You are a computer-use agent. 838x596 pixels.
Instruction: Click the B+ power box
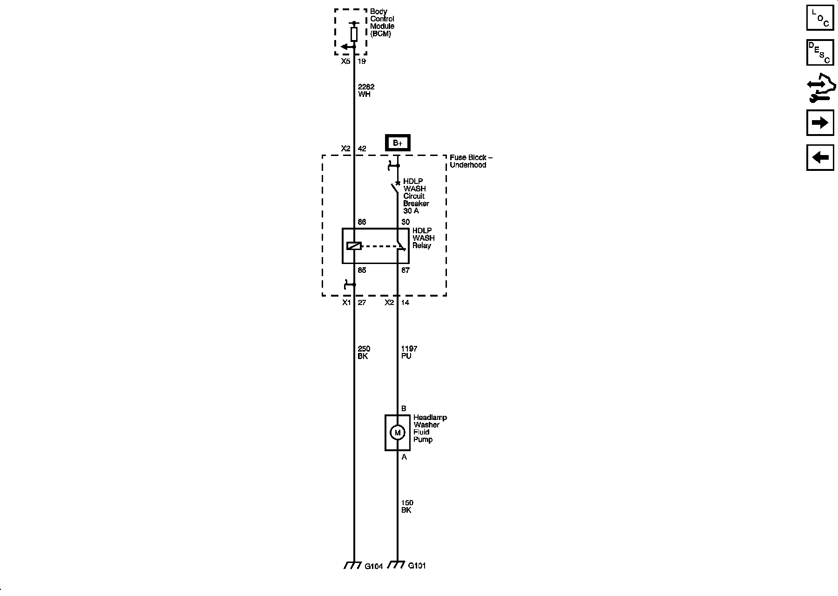398,143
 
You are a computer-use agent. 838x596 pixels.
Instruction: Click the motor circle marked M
397,433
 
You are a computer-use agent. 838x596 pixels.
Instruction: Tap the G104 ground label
373,566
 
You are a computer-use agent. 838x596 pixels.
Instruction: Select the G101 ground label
417,566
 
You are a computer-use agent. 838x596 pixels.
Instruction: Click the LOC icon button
820,18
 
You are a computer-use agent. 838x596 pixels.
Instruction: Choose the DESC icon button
820,53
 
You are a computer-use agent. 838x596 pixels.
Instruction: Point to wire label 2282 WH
365,90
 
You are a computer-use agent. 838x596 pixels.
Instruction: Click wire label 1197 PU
409,352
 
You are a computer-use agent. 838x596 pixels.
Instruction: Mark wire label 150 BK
407,506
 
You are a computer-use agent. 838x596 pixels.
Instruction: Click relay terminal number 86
362,222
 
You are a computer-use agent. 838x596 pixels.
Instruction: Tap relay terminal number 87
405,270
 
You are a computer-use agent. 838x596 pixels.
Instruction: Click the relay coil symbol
354,246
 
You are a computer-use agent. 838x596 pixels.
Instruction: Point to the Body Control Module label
382,23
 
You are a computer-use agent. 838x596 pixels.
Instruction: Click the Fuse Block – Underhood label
470,161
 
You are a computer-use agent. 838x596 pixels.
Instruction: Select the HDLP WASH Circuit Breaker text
416,196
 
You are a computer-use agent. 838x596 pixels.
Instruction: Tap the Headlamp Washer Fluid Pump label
429,428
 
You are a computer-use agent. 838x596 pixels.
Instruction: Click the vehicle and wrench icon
821,88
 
